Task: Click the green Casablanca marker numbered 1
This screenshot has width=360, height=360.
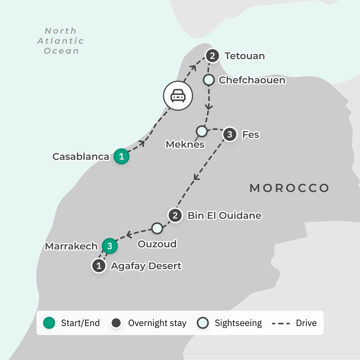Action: click(122, 157)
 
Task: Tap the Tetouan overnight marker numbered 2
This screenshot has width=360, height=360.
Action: click(212, 56)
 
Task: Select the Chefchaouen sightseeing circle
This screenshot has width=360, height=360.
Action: click(209, 80)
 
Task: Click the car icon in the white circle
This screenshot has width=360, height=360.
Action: click(178, 96)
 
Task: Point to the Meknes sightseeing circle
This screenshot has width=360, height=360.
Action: click(201, 131)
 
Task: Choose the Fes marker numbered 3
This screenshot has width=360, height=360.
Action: click(229, 135)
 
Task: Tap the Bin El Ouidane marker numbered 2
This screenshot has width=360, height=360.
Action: click(175, 215)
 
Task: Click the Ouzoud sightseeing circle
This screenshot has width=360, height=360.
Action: click(157, 228)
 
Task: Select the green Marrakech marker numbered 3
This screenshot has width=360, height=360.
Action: click(110, 246)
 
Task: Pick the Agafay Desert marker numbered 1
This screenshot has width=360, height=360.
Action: click(99, 266)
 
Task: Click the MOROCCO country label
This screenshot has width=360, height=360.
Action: click(289, 188)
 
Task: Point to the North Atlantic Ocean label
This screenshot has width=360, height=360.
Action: click(61, 41)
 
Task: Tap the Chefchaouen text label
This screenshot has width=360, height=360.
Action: click(252, 80)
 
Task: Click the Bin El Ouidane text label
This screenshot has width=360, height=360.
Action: click(224, 216)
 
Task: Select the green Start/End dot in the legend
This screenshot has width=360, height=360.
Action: click(49, 323)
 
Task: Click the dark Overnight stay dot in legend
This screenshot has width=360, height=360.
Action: click(116, 323)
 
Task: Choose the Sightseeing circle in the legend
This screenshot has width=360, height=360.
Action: click(203, 323)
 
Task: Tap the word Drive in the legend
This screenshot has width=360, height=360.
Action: click(306, 323)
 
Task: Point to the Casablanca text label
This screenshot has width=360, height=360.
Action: click(81, 157)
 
